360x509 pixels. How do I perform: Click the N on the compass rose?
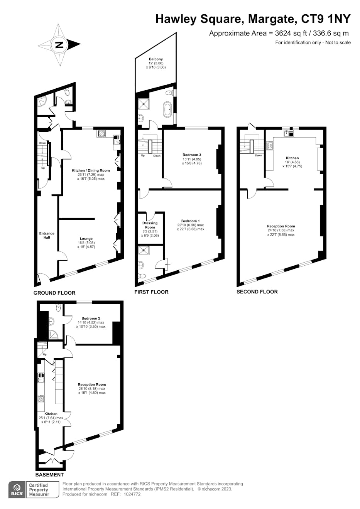pyautogui.click(x=59, y=45)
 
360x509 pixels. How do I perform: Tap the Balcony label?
pyautogui.click(x=156, y=59)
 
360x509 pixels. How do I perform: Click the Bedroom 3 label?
pyautogui.click(x=192, y=155)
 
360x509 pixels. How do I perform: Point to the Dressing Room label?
pyautogui.click(x=150, y=225)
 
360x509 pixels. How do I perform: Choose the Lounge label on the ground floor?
pyautogui.click(x=86, y=239)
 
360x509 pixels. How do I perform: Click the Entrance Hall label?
pyautogui.click(x=47, y=235)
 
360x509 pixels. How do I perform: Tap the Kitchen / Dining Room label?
pyautogui.click(x=91, y=170)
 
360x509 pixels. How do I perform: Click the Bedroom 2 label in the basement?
pyautogui.click(x=91, y=319)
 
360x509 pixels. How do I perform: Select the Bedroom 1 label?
pyautogui.click(x=191, y=221)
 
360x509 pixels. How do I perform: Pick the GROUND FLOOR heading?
pyautogui.click(x=54, y=293)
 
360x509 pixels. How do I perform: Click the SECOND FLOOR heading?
pyautogui.click(x=257, y=292)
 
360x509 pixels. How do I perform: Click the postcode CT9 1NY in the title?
pyautogui.click(x=326, y=19)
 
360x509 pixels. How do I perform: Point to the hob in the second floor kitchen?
pyautogui.click(x=270, y=145)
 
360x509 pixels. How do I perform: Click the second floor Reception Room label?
pyautogui.click(x=281, y=226)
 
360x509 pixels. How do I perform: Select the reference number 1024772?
pyautogui.click(x=132, y=494)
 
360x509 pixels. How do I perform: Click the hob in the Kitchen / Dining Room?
pyautogui.click(x=101, y=133)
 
